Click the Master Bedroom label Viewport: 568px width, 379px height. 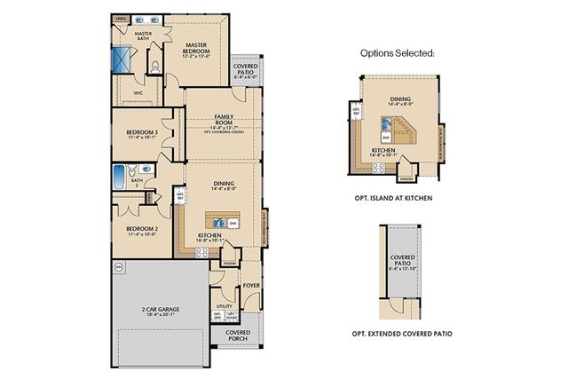pos(196,51)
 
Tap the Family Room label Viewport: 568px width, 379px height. pos(224,120)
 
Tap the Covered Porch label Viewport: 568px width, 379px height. pos(237,336)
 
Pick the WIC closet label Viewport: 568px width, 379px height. pos(138,91)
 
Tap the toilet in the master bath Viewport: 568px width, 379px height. pos(155,65)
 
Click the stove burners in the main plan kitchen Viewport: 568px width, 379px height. pos(202,251)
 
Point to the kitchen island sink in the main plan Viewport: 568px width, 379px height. pos(216,218)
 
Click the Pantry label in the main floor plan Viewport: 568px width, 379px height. pos(227,263)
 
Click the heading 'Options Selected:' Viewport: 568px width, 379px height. pos(396,54)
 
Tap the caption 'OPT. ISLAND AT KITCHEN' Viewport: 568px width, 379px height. pos(398,198)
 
